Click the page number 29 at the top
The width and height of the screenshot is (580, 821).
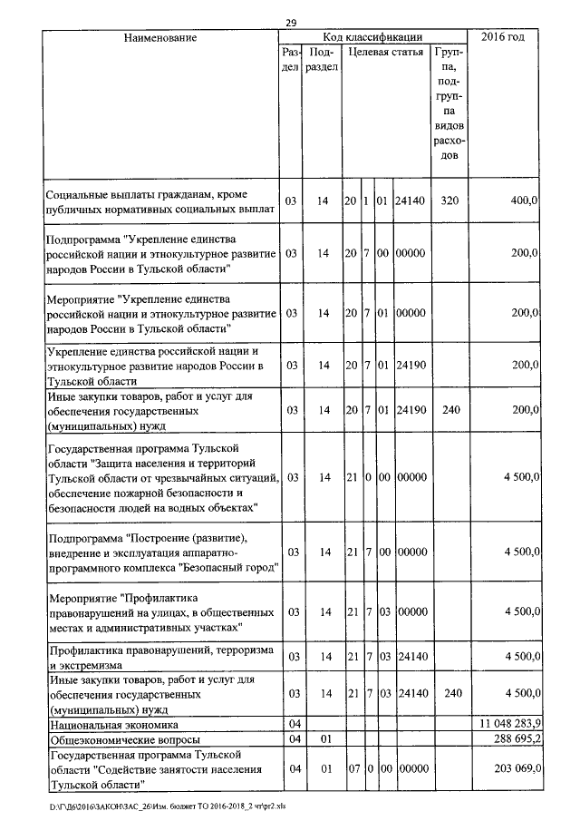(x=291, y=23)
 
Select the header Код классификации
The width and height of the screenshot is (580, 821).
(x=374, y=37)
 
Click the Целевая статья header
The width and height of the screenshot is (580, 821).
(x=387, y=52)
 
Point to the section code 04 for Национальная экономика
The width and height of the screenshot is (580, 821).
(x=292, y=725)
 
